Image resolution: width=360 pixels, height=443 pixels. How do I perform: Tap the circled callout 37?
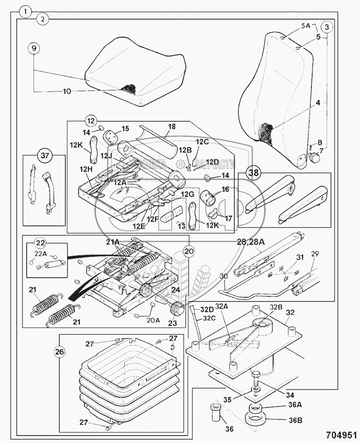point(44,155)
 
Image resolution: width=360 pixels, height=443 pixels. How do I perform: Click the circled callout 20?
point(188,250)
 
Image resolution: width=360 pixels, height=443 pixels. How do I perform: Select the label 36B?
point(295,420)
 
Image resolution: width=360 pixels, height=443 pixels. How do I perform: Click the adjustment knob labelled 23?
point(178,309)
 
